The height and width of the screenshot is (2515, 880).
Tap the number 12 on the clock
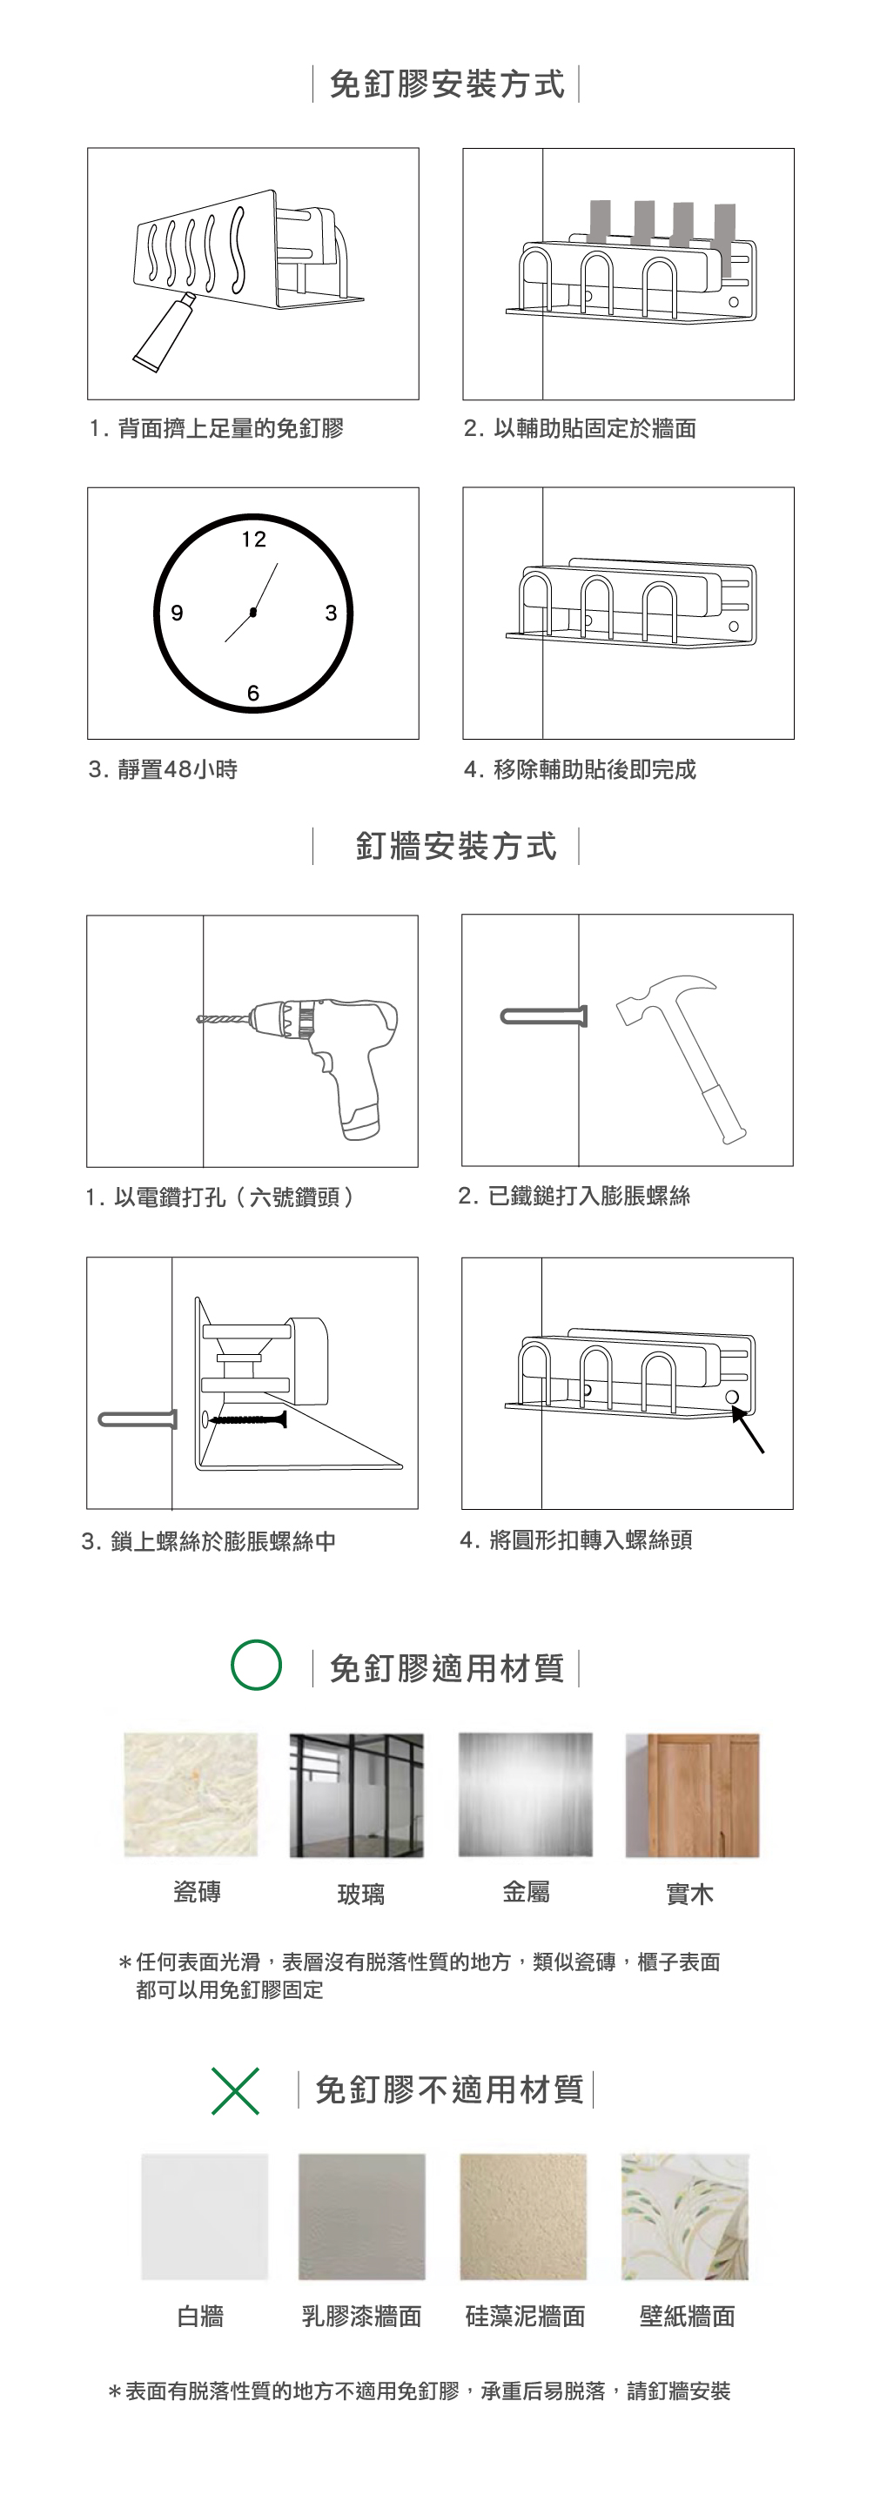[x=254, y=539]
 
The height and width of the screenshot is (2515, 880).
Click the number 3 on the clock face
[x=331, y=614]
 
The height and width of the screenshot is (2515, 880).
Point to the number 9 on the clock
[x=177, y=614]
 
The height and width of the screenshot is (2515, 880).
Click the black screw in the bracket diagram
[x=247, y=1418]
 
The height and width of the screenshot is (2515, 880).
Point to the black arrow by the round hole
[x=749, y=1428]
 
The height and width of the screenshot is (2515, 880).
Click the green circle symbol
[x=257, y=1665]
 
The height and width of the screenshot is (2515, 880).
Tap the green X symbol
[x=235, y=2090]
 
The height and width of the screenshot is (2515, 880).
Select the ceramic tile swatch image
[x=191, y=1795]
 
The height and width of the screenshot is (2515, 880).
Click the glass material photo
[x=357, y=1795]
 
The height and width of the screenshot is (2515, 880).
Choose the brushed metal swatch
[x=526, y=1795]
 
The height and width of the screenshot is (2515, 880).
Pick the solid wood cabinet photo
[x=693, y=1795]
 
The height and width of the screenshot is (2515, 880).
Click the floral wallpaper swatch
[x=685, y=2217]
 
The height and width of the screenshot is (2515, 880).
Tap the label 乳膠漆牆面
[x=361, y=2316]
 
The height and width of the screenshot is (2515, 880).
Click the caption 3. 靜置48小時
[x=163, y=769]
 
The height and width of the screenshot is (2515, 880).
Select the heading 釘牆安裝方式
[x=456, y=846]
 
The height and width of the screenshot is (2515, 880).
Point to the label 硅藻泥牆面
[x=526, y=2316]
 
